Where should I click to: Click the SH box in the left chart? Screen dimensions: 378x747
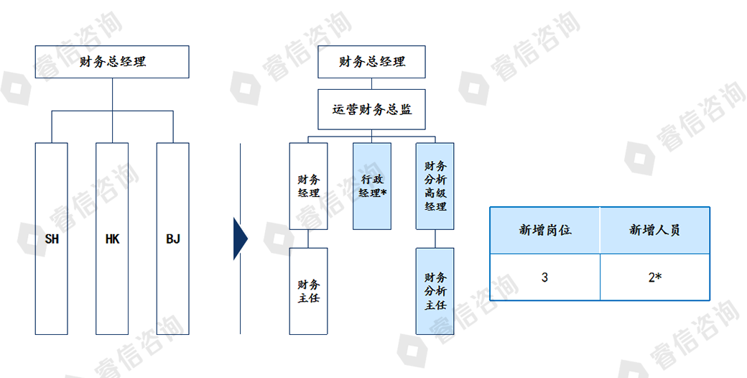click(51, 239)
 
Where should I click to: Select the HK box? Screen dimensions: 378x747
click(112, 239)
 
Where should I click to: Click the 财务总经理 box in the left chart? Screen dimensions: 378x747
click(112, 62)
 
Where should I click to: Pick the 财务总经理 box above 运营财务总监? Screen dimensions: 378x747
click(372, 62)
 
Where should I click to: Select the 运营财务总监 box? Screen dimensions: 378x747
click(372, 109)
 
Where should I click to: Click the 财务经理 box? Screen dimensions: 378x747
click(308, 186)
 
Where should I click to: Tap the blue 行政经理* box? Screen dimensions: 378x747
click(372, 186)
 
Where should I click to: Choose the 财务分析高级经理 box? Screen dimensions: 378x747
click(435, 186)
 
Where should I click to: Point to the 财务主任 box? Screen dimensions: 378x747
click(308, 291)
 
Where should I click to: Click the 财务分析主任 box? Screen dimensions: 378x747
click(435, 291)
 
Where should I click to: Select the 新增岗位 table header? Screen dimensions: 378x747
click(545, 231)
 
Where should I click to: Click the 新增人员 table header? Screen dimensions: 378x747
click(654, 231)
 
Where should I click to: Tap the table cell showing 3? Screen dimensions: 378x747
click(545, 277)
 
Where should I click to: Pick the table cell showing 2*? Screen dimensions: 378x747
click(654, 277)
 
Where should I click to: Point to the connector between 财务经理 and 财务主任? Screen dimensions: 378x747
click(308, 239)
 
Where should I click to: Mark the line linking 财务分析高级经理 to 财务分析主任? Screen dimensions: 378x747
click(435, 239)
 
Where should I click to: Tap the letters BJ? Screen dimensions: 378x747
click(173, 239)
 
